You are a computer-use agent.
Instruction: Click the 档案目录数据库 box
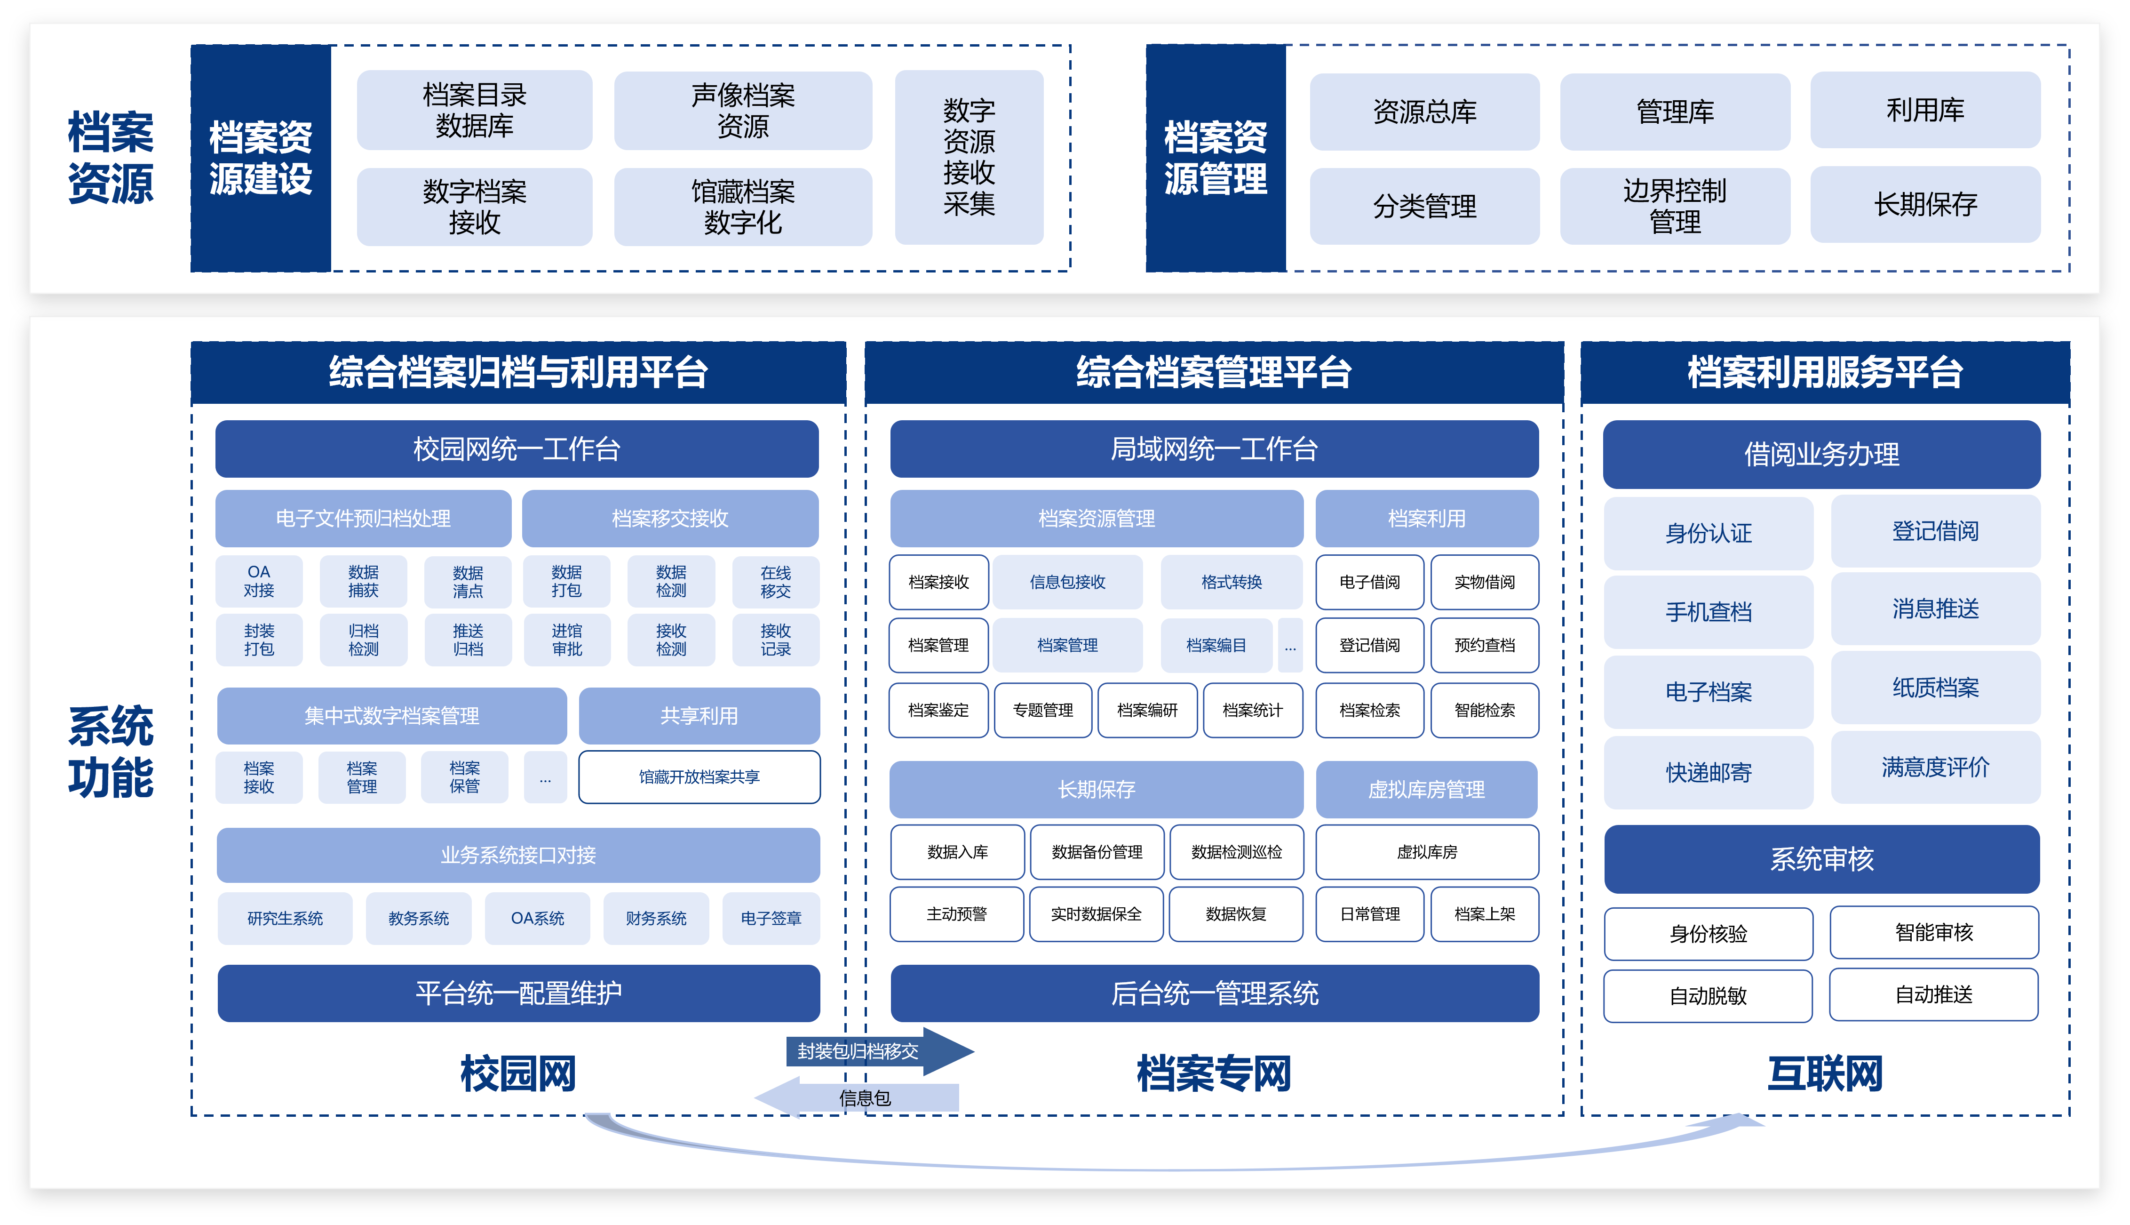click(x=474, y=110)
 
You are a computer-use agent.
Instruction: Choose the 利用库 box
click(x=1925, y=110)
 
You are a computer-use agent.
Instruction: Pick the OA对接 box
click(x=259, y=581)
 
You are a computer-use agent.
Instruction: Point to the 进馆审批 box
click(x=567, y=640)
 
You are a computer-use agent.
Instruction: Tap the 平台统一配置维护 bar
click(x=518, y=993)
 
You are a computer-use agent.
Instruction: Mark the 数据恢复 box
click(x=1235, y=914)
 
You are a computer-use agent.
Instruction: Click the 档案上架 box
click(x=1484, y=914)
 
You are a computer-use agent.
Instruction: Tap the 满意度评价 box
click(x=1935, y=767)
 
